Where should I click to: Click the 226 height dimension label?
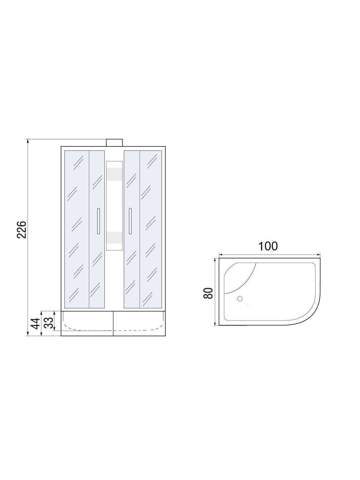click(x=22, y=230)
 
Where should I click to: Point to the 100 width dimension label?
click(x=268, y=246)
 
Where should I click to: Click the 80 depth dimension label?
click(x=208, y=293)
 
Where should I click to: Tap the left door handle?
click(x=98, y=221)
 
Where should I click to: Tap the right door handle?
click(x=130, y=221)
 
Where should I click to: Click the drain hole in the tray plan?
click(x=240, y=299)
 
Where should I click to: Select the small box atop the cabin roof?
click(x=114, y=143)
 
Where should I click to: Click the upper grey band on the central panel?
click(x=114, y=174)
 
